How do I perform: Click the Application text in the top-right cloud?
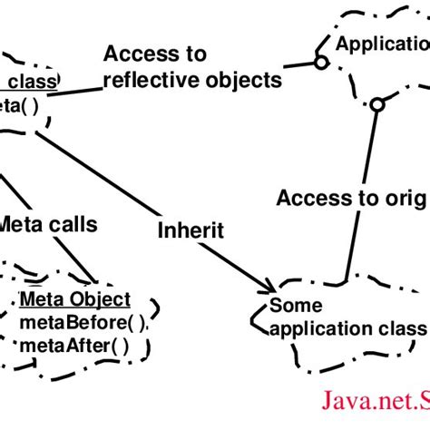click(381, 44)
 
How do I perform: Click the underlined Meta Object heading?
click(74, 300)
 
